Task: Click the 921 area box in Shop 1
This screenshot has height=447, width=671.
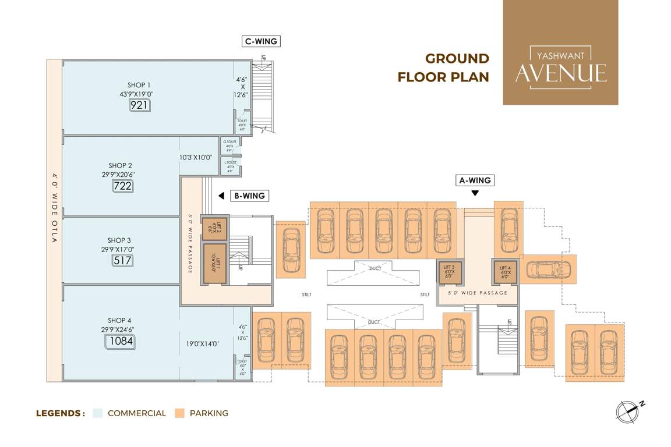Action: click(x=140, y=105)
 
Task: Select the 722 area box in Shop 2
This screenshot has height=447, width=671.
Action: click(x=123, y=186)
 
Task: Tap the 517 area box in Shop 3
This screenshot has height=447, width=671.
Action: click(x=122, y=260)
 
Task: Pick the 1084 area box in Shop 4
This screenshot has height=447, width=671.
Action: click(x=120, y=341)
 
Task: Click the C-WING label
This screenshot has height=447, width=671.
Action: click(x=260, y=41)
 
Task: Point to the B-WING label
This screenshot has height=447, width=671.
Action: click(x=249, y=196)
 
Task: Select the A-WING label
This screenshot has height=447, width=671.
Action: click(x=475, y=180)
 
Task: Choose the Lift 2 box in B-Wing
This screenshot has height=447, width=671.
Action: click(x=214, y=228)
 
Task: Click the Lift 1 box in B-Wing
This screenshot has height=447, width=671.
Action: click(x=214, y=263)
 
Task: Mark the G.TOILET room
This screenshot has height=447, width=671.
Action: click(x=229, y=145)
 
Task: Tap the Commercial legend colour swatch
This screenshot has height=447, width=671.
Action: click(x=98, y=413)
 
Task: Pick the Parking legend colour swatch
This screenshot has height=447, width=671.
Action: click(x=180, y=413)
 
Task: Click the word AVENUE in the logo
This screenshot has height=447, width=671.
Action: click(x=560, y=73)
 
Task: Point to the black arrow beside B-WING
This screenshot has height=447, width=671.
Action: click(x=221, y=196)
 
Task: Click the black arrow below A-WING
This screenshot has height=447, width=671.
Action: click(x=475, y=193)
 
